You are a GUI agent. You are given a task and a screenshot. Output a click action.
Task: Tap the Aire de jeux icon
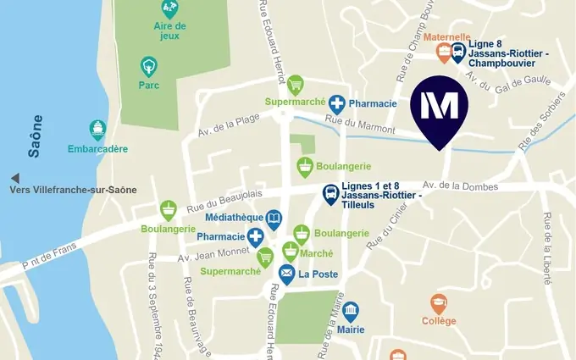[x=169, y=9]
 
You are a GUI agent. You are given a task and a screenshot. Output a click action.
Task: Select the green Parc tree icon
[x=149, y=66]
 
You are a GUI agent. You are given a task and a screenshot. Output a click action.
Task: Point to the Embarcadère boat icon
[x=98, y=130]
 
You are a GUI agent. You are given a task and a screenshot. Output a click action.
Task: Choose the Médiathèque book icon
[x=274, y=220]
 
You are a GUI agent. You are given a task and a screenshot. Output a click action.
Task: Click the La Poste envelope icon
[x=287, y=274]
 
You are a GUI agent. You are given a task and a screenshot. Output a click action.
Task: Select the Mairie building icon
[x=350, y=311]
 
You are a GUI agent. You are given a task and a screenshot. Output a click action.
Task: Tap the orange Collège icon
[x=438, y=303]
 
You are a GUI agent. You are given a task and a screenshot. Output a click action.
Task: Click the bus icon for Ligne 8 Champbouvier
[x=458, y=53]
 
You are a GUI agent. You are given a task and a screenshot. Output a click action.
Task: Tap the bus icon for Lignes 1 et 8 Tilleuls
[x=330, y=196]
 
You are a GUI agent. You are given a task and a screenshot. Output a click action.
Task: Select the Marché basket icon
[x=291, y=250]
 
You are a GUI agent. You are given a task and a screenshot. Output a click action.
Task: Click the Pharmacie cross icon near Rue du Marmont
[x=337, y=103]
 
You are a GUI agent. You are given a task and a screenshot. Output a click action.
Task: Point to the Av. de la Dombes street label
[x=460, y=186]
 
